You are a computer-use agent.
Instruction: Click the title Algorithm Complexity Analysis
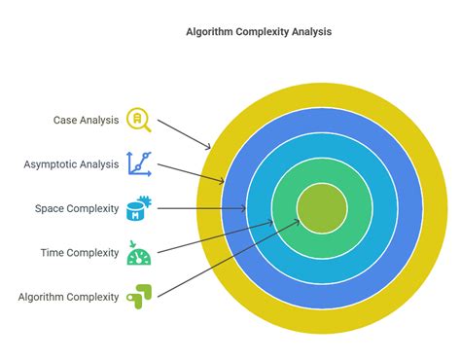[259, 31]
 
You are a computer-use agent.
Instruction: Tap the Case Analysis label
[87, 121]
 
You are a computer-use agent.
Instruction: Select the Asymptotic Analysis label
[70, 164]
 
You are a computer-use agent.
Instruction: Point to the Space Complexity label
[77, 208]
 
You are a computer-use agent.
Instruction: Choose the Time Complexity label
[81, 252]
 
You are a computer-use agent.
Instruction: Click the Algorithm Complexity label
[68, 296]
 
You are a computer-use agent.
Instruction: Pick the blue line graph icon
[138, 163]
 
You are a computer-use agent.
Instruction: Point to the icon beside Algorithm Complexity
[138, 295]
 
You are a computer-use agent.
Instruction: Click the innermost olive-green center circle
[321, 207]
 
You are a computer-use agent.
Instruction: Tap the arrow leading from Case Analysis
[184, 134]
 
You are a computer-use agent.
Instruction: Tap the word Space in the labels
[49, 208]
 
